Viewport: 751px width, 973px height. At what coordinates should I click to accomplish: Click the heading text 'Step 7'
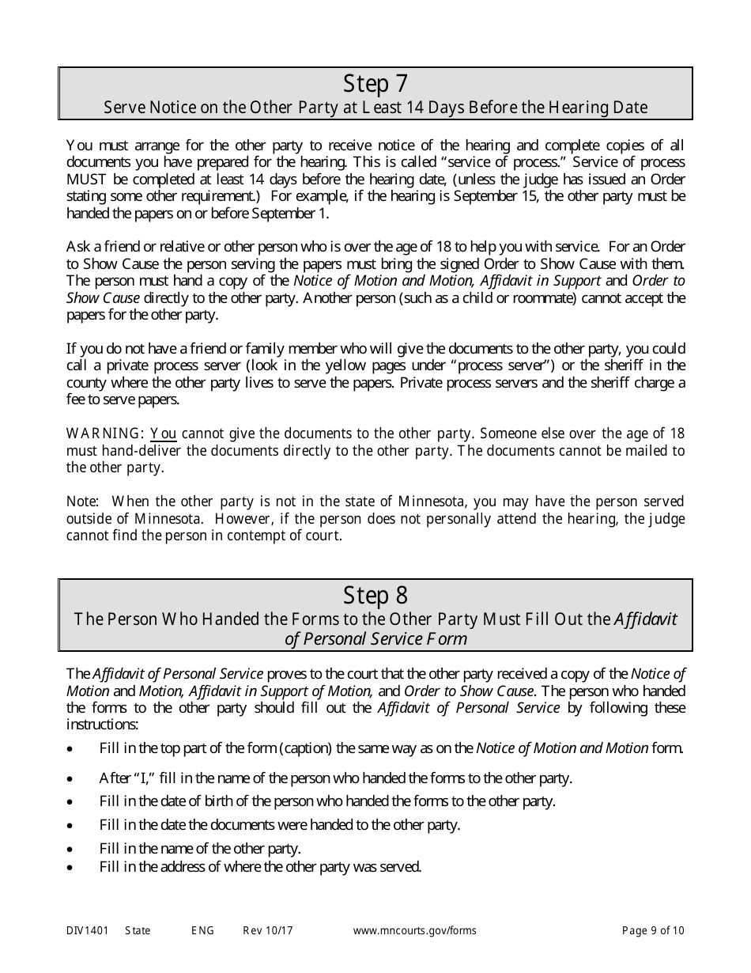(x=376, y=84)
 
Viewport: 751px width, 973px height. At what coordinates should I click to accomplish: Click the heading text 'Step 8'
(x=376, y=596)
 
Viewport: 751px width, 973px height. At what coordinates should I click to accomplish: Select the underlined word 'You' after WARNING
(x=163, y=433)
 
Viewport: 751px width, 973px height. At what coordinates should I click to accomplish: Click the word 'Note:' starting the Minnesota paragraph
(x=83, y=502)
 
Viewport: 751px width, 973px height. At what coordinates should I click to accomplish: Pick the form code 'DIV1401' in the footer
(x=87, y=931)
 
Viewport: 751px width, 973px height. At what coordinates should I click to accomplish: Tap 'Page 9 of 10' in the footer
(x=653, y=931)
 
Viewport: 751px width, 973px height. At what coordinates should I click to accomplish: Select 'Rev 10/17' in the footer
(x=268, y=931)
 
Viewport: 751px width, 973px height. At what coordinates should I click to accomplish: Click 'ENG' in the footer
(x=202, y=931)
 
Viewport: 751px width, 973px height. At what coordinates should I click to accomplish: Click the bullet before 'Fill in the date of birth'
(x=71, y=802)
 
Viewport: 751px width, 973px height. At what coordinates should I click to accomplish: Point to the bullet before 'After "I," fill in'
(x=71, y=779)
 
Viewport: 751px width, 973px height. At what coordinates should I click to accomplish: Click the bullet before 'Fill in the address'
(x=71, y=868)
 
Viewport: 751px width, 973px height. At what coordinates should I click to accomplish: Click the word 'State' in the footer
(x=138, y=931)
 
